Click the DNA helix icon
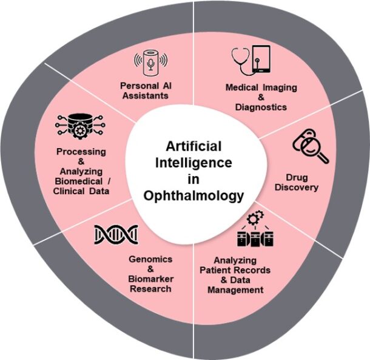116,234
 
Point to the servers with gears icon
254,228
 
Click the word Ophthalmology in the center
193,195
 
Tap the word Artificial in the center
194,147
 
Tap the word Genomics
150,259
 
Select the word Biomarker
150,279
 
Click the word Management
235,290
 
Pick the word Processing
81,151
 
